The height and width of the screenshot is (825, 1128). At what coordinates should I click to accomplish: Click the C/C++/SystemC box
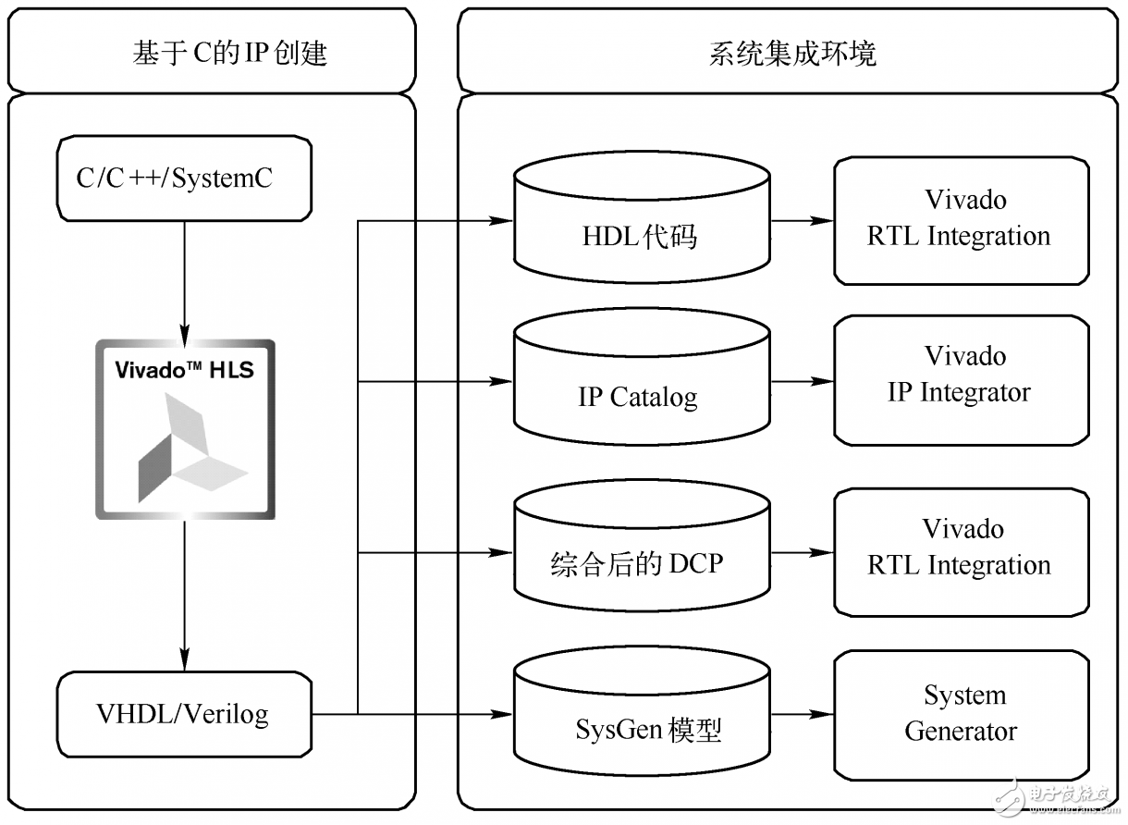[x=185, y=179]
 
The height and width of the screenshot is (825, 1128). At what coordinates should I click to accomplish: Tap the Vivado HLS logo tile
[x=185, y=429]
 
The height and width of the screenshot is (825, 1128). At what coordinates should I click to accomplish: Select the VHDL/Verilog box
[x=185, y=714]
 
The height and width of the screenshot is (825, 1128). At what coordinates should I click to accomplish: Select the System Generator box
[x=961, y=714]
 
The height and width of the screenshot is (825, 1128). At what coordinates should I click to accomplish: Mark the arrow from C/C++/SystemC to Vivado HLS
[x=185, y=277]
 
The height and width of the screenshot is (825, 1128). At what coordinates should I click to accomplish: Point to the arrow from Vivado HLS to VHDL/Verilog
[x=185, y=592]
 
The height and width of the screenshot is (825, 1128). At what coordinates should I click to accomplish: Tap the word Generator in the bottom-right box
[x=961, y=732]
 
